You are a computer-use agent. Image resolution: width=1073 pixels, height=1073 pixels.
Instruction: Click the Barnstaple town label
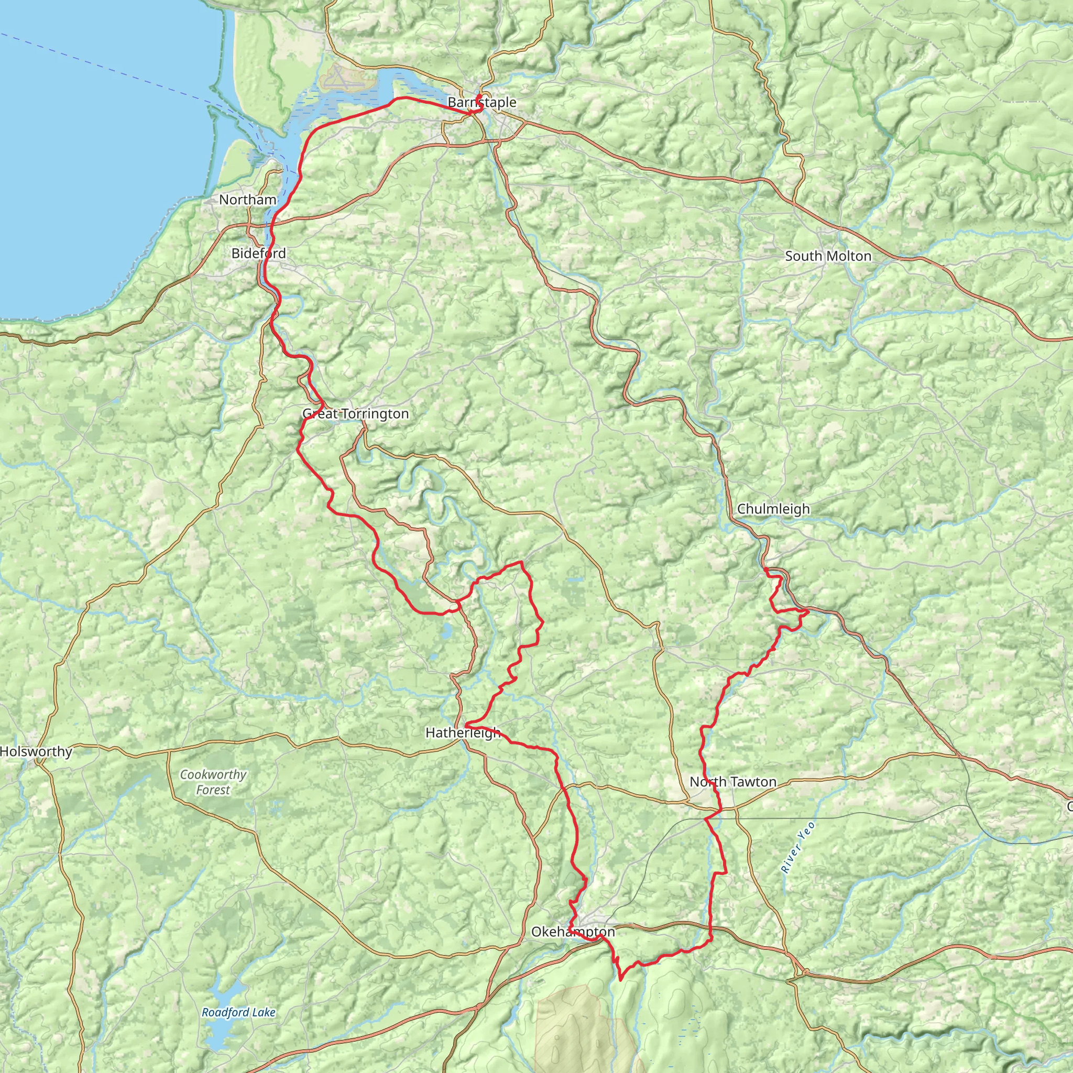pyautogui.click(x=481, y=103)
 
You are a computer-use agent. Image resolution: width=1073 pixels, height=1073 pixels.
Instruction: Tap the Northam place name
pyautogui.click(x=247, y=200)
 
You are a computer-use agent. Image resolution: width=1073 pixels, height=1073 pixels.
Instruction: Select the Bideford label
pyautogui.click(x=258, y=254)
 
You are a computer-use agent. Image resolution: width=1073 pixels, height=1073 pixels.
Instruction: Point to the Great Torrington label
pyautogui.click(x=355, y=414)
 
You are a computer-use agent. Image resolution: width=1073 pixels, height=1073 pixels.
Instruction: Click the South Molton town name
pyautogui.click(x=827, y=257)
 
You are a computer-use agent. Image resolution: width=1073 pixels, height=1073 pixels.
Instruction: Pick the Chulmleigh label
pyautogui.click(x=773, y=509)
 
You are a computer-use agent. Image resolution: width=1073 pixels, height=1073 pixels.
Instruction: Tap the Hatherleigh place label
pyautogui.click(x=463, y=733)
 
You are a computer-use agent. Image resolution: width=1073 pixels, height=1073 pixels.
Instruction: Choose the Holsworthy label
pyautogui.click(x=36, y=752)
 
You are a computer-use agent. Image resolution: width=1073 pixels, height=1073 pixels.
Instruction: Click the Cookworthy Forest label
pyautogui.click(x=213, y=782)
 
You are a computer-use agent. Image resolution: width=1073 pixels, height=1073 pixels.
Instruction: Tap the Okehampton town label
pyautogui.click(x=573, y=932)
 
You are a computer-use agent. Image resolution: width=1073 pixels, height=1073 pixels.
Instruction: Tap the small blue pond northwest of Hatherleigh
pyautogui.click(x=446, y=631)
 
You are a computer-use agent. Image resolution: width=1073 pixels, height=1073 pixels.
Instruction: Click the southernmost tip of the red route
pyautogui.click(x=620, y=979)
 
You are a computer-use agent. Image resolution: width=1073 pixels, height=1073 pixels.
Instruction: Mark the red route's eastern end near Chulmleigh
pyautogui.click(x=807, y=611)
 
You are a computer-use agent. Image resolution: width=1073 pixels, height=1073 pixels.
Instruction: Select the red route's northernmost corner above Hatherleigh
pyautogui.click(x=521, y=562)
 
